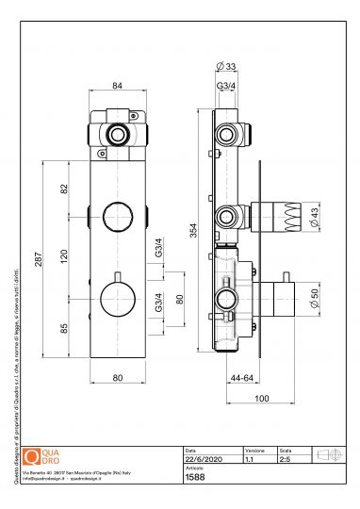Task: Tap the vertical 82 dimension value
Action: coord(65,189)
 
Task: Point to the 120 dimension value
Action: coord(65,255)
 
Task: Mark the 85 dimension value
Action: coord(65,330)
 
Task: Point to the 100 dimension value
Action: coord(261,399)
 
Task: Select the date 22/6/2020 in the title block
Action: coord(203,459)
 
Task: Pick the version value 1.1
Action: coord(249,459)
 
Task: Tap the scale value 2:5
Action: coord(282,459)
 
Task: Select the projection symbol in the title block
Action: coord(330,455)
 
